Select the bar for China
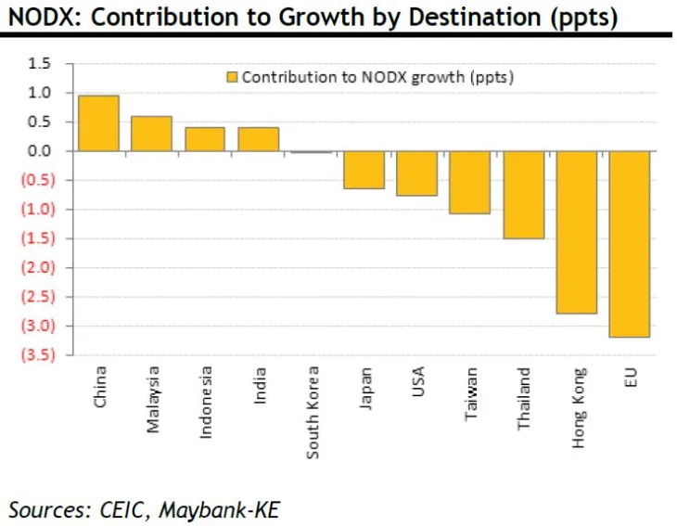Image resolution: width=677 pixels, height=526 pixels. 98,123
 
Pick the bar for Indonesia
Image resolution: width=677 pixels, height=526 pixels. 205,139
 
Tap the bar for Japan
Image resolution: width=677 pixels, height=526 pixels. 364,170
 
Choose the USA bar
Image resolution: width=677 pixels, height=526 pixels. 417,173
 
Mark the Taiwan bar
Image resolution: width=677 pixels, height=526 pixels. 470,183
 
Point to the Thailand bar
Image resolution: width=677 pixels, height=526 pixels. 524,195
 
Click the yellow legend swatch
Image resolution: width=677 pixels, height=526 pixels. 231,78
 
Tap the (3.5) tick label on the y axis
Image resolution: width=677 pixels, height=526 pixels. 37,355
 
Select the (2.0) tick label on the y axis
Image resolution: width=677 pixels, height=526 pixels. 37,268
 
